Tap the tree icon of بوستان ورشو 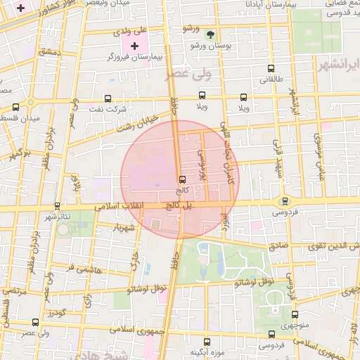(210, 34)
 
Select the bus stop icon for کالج (183, 179)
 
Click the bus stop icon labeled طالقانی (271, 69)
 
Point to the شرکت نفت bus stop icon (108, 98)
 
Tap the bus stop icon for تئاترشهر (58, 206)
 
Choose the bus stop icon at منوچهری (295, 314)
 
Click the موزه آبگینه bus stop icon (206, 341)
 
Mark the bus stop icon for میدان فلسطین (16, 107)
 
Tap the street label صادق (277, 246)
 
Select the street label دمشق (51, 52)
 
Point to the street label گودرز (58, 311)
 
